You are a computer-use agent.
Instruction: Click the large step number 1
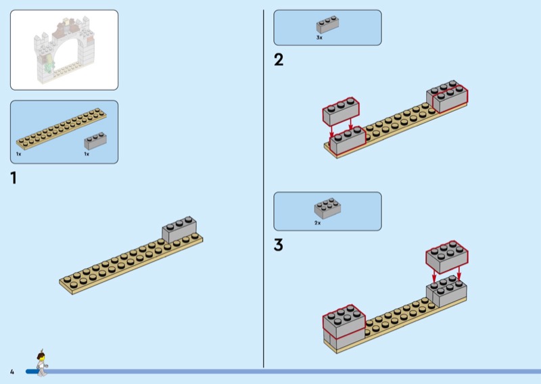coord(14,178)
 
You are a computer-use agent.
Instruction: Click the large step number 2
coord(279,59)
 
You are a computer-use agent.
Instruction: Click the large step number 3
coord(279,245)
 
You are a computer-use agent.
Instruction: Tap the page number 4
coord(12,372)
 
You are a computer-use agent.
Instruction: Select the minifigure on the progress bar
coord(42,363)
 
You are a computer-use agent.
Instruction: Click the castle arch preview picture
coord(64,50)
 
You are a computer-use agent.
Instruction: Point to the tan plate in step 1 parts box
coord(62,128)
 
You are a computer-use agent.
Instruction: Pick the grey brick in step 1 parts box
coord(95,141)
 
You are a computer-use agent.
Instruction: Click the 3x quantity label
coord(319,38)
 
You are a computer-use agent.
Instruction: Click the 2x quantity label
coord(317,223)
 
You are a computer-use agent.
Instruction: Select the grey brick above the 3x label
coord(327,24)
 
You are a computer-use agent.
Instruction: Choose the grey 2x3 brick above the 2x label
coord(327,209)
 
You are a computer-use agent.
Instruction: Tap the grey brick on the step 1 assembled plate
coord(179,229)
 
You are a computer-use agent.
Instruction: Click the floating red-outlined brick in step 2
coord(341,111)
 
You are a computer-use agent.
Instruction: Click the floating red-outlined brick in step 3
coord(447,257)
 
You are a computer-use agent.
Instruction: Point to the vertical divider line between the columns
coord(264,189)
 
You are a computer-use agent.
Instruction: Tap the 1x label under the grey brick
coord(87,154)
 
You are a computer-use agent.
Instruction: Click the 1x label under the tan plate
coord(19,154)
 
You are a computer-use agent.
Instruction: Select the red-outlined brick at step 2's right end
coord(450,99)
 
